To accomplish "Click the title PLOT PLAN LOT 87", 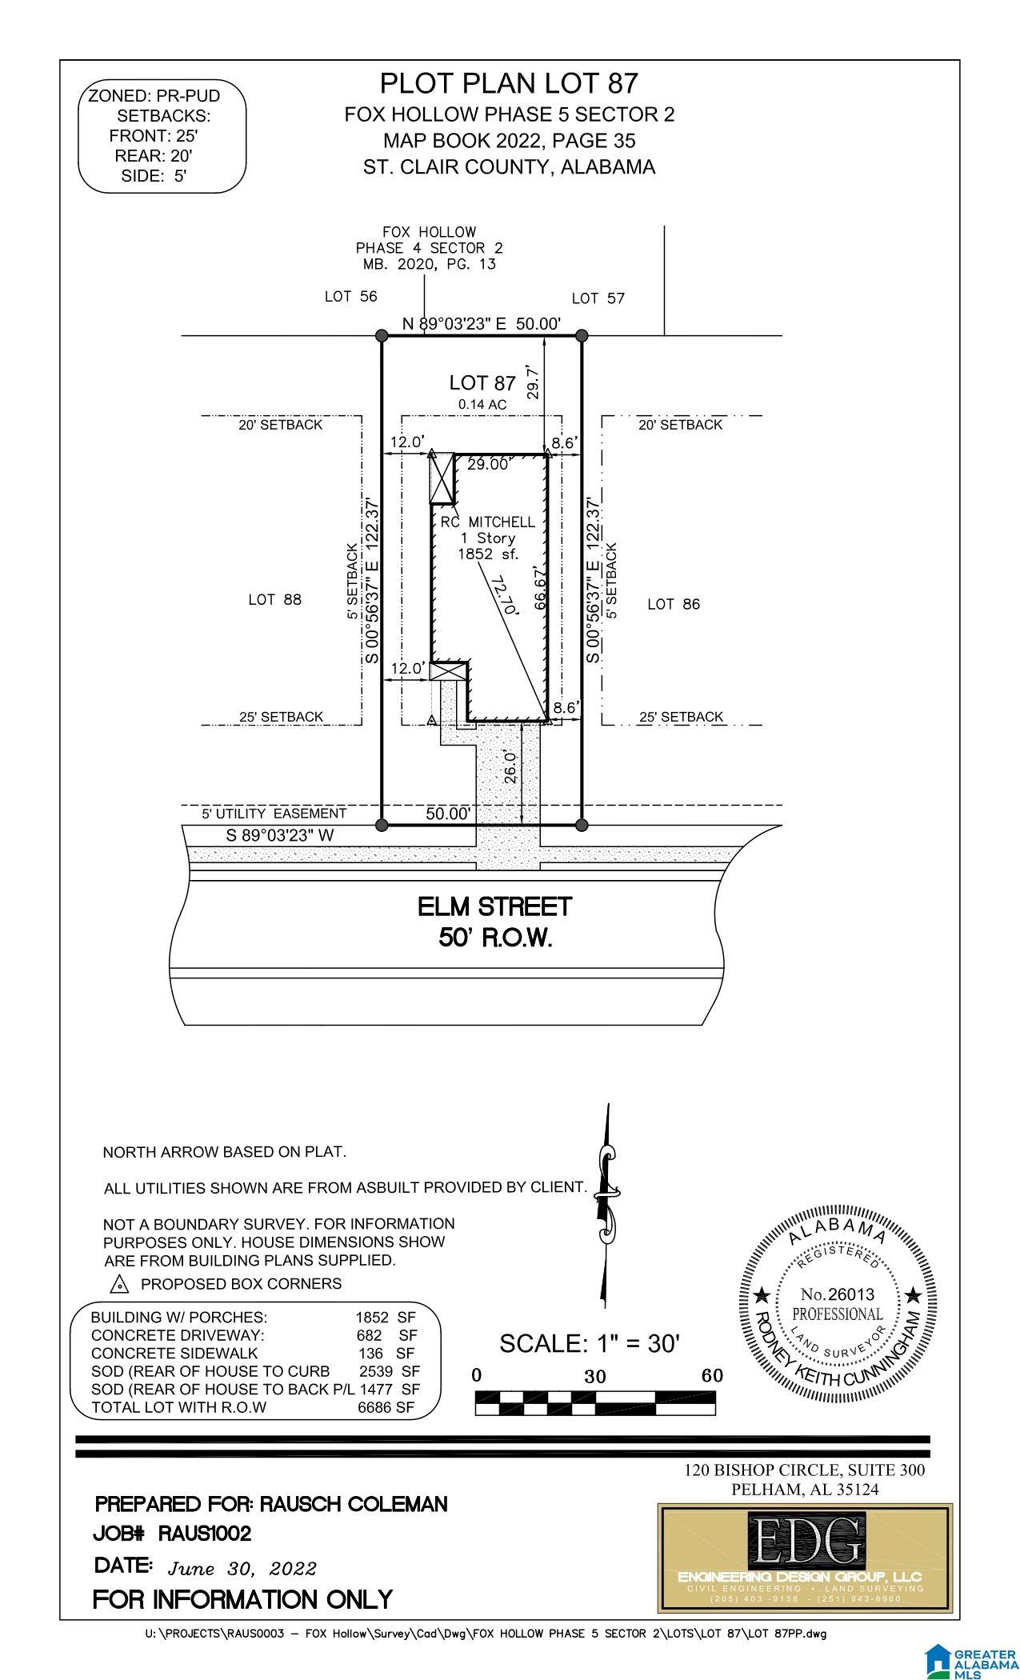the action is click(x=509, y=83).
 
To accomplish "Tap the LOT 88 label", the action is click(x=274, y=599).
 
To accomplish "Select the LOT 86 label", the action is click(x=674, y=604).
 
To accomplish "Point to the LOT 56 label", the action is click(x=350, y=296).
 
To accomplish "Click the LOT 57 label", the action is click(x=598, y=298).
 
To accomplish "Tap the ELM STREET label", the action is click(x=495, y=906).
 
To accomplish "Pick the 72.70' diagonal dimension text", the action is click(x=505, y=594).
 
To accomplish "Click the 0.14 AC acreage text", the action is click(x=482, y=405).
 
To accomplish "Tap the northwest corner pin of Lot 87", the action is click(x=382, y=336).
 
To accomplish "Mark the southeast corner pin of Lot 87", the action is click(x=582, y=825).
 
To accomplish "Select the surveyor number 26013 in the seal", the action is click(x=838, y=1294).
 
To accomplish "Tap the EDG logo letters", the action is click(x=806, y=1545).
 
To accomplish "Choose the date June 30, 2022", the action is click(x=242, y=1568).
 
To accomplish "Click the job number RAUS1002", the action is click(x=205, y=1534).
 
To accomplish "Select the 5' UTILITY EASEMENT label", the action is click(x=274, y=814).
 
